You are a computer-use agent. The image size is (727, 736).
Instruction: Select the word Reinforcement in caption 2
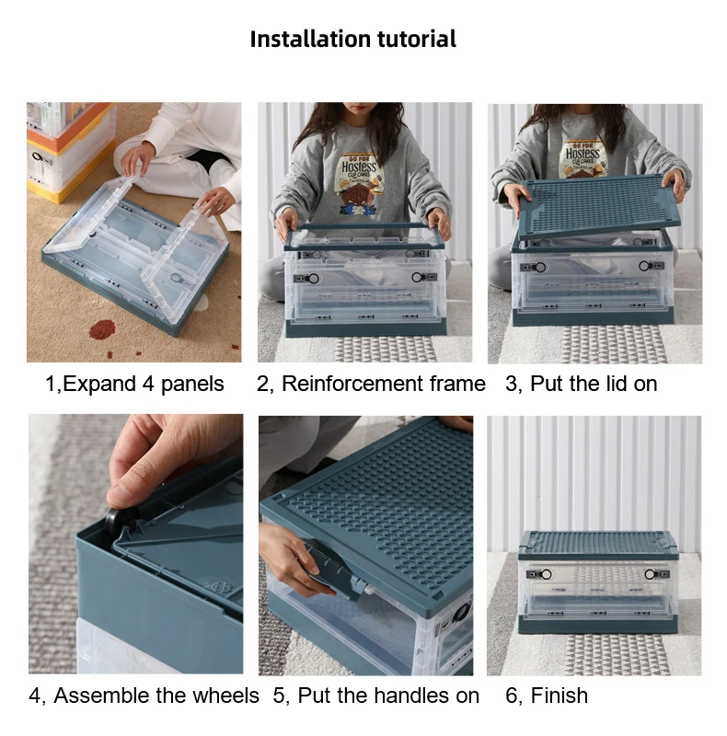pos(352,384)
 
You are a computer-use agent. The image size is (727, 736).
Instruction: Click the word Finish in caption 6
pos(559,696)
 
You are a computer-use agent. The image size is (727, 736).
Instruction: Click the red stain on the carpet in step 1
pos(102,329)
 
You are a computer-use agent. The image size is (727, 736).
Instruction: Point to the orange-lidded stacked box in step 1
pos(70,150)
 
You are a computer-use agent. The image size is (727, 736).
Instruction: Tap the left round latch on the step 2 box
pos(312,279)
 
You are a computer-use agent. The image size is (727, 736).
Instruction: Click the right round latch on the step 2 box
pos(417,278)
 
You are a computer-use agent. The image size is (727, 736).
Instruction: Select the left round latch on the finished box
pos(547,574)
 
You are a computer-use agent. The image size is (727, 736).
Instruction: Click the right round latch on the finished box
pos(650,574)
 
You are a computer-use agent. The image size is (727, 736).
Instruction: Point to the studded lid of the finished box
pos(598,545)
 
